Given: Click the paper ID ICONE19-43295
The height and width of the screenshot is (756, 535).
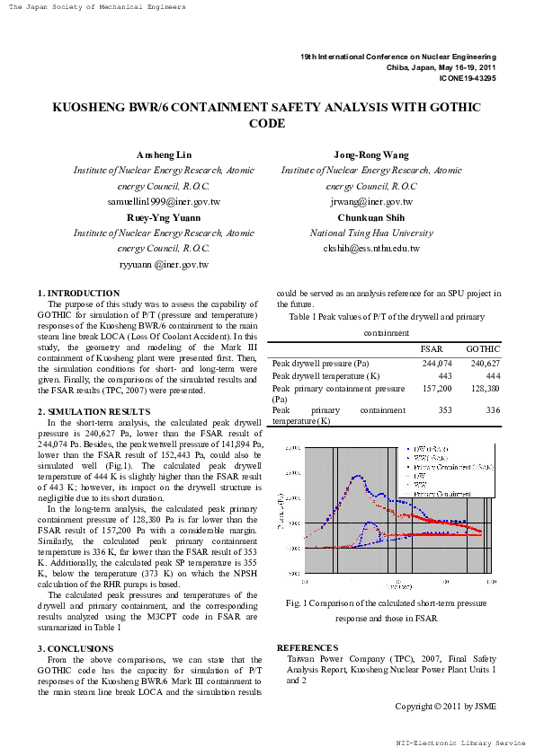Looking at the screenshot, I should (467, 78).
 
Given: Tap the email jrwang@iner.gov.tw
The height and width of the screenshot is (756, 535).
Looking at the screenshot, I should (371, 202).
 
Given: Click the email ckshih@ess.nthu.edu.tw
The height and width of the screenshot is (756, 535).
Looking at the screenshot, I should (371, 249).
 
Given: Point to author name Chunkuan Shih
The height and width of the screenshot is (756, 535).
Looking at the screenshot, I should (371, 217).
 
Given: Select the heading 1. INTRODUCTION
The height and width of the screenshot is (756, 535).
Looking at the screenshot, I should (78, 294).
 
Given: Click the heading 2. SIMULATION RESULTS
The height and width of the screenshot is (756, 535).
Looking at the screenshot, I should (94, 410).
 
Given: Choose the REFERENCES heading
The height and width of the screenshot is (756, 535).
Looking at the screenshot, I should (307, 647).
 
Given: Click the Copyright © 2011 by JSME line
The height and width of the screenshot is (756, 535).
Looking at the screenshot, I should (445, 707).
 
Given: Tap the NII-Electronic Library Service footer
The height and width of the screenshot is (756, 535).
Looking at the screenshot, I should (460, 743).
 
